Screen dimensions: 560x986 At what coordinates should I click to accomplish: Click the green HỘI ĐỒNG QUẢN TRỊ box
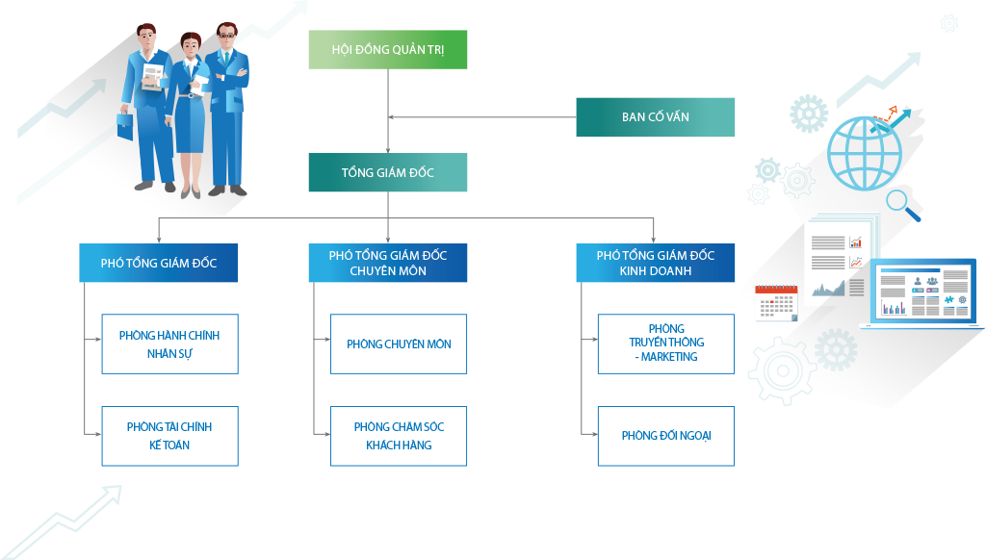387,50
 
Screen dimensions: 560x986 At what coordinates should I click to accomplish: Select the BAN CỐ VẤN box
655,117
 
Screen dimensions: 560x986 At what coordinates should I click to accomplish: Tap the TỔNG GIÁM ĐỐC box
387,172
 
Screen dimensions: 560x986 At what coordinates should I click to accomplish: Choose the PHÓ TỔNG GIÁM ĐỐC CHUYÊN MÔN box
387,263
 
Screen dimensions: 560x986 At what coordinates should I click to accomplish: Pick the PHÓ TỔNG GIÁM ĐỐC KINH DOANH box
655,263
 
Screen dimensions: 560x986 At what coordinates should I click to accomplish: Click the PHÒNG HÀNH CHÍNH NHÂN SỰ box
169,344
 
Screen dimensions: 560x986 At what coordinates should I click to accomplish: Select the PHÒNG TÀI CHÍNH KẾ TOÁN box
169,436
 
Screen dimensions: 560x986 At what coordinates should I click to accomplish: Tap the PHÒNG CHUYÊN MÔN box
399,344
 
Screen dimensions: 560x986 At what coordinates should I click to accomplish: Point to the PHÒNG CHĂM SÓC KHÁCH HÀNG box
399,436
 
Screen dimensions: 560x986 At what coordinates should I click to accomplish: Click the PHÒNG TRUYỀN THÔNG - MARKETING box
665,344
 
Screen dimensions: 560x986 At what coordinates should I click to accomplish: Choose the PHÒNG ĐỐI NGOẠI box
665,436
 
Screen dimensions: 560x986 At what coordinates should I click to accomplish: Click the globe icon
865,152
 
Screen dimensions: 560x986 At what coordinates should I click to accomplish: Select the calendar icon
776,303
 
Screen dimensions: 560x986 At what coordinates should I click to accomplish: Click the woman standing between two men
191,115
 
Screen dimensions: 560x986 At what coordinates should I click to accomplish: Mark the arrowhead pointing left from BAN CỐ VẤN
392,117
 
